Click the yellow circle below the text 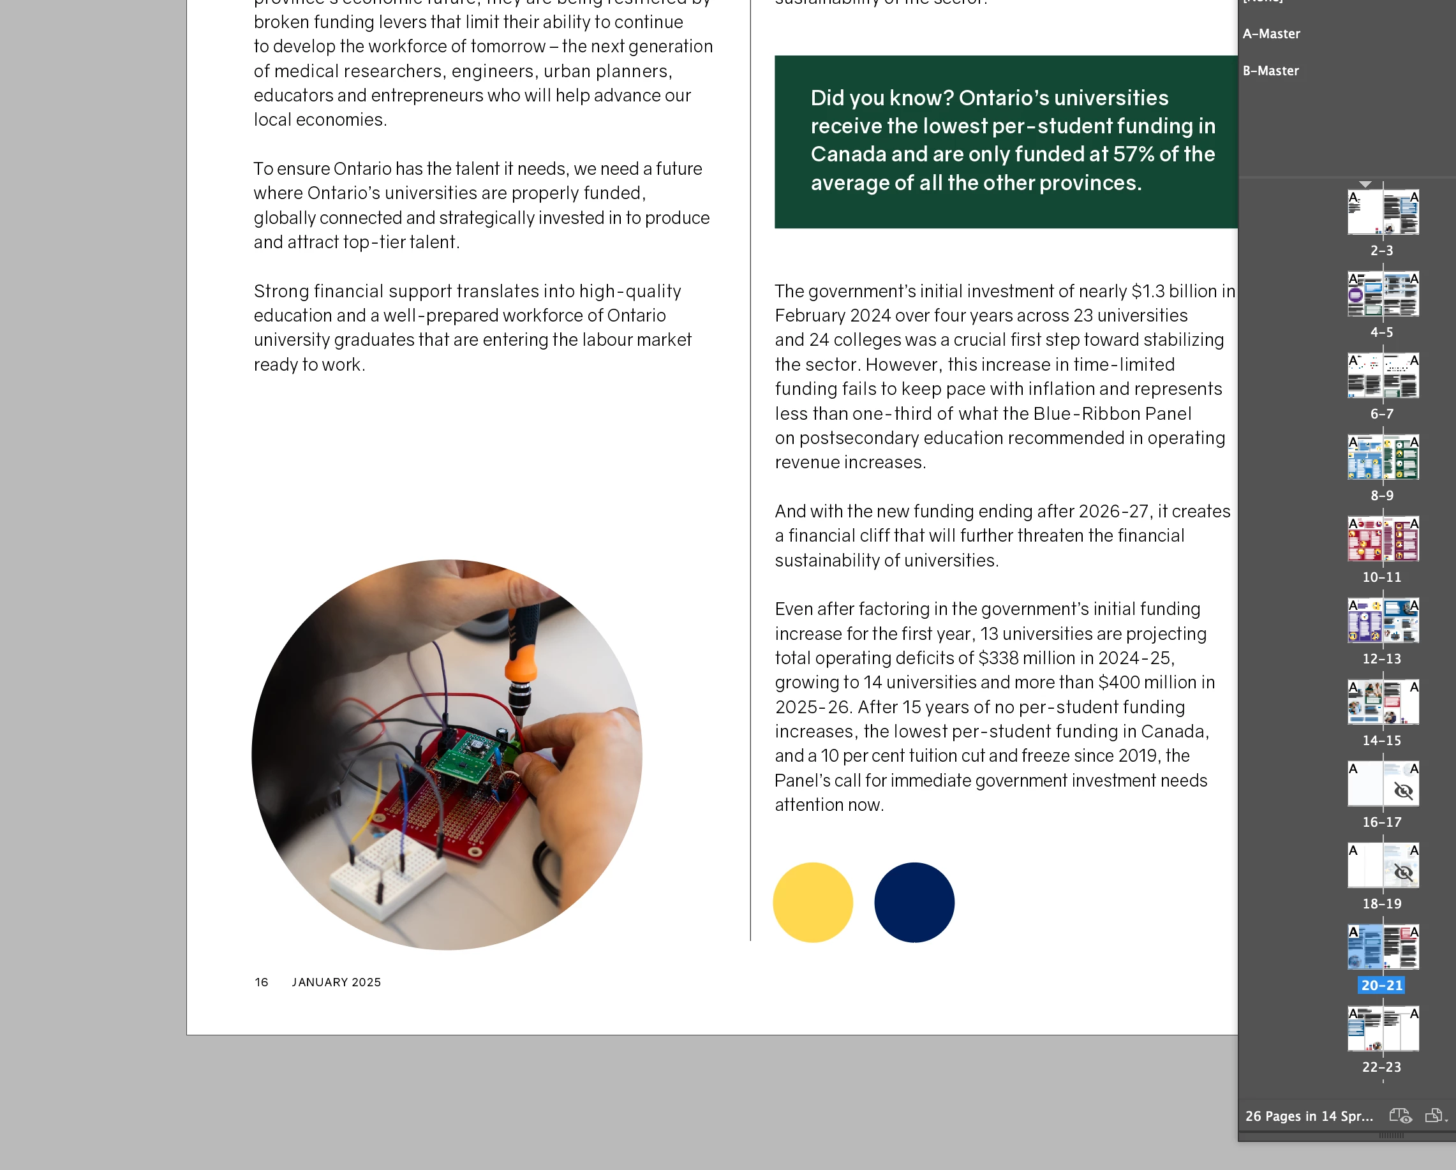(812, 902)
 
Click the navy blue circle (914, 902)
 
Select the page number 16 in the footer (262, 982)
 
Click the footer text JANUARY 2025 (336, 982)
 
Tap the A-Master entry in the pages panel (1271, 34)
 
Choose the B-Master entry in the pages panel (1270, 71)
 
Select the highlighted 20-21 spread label (1382, 985)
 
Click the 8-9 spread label (1382, 496)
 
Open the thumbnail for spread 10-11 (1383, 540)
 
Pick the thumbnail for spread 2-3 (1383, 212)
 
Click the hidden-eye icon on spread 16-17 (1403, 790)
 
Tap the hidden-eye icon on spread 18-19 (1403, 872)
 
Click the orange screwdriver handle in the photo (521, 665)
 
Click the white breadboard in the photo (385, 871)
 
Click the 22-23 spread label (1382, 1067)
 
